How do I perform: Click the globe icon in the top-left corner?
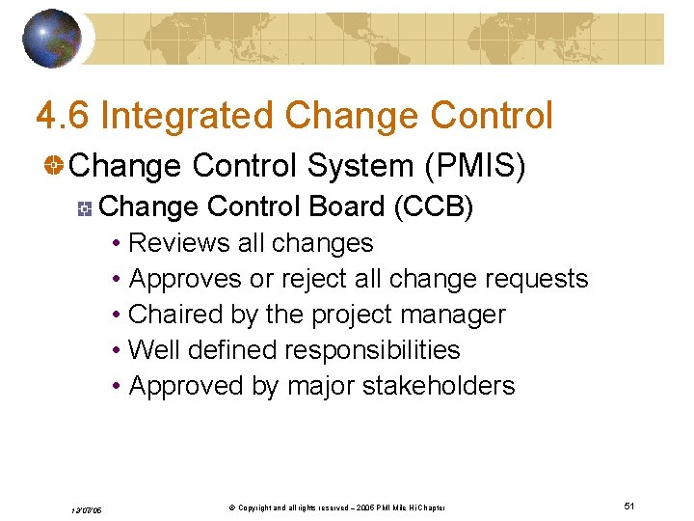coord(53,38)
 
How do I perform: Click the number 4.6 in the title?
coord(63,116)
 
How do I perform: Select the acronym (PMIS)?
coord(475,166)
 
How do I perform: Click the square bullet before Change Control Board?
coord(86,207)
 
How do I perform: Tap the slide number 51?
coord(629,506)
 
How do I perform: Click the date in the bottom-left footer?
coord(86,508)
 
